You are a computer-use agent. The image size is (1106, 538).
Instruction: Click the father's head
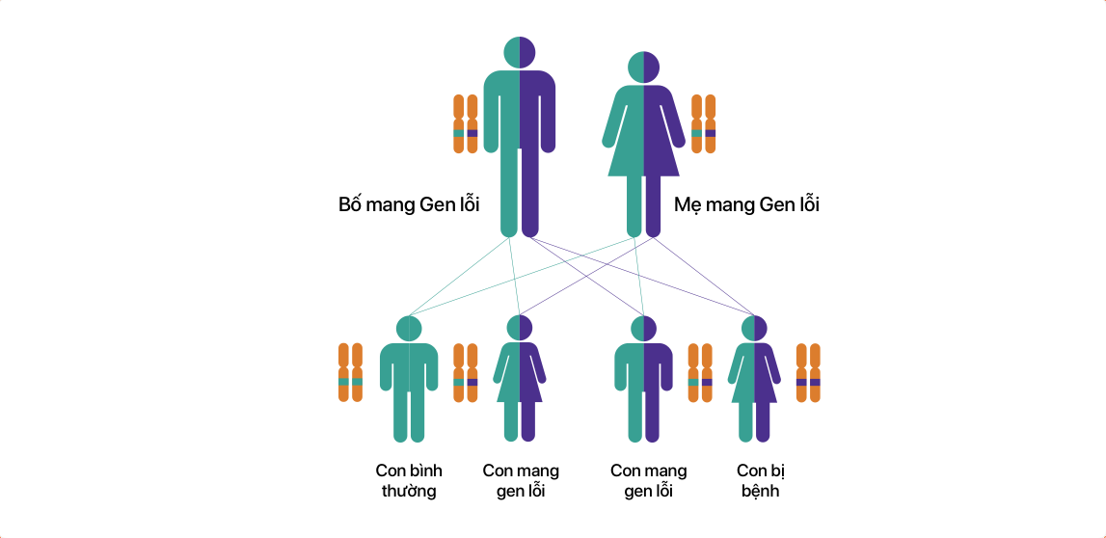520,53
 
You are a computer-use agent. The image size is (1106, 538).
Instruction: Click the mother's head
643,67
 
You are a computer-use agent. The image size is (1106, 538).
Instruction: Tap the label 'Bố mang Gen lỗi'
409,204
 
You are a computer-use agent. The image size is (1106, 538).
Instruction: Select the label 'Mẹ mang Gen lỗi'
745,204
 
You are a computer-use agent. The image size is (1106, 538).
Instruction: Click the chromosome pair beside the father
466,123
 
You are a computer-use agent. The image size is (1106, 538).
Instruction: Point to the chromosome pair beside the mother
704,123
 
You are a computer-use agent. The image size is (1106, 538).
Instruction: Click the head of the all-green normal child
409,329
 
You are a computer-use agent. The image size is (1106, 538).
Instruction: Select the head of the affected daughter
754,329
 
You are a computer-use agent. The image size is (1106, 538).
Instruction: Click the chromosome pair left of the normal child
350,372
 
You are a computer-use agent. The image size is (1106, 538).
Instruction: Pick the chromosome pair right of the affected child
808,372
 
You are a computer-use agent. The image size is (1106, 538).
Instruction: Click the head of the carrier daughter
520,329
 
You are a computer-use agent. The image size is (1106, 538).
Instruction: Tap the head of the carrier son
643,329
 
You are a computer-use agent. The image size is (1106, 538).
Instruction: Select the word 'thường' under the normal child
409,492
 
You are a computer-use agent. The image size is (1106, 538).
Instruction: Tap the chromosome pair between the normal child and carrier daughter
466,372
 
